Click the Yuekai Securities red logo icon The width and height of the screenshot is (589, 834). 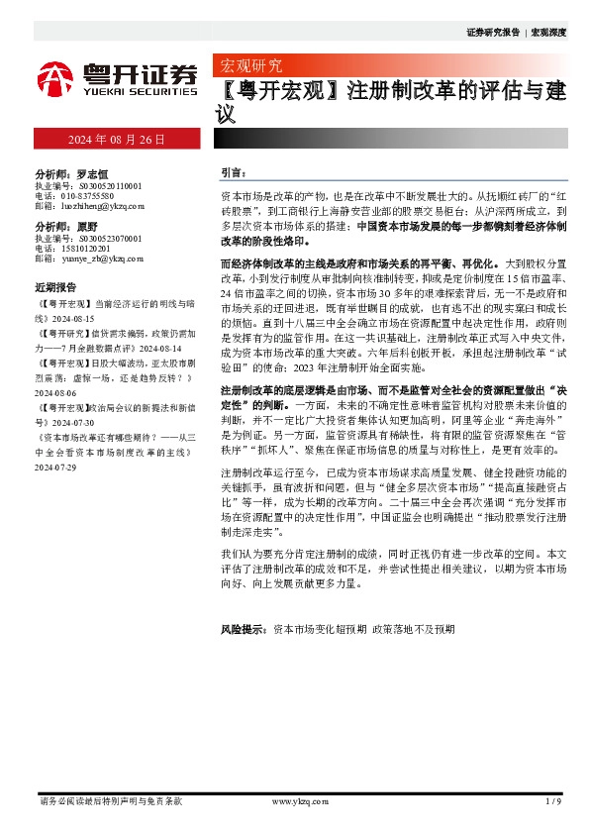coord(55,77)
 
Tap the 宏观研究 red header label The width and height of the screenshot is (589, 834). coord(247,66)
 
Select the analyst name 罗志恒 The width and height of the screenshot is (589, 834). coord(90,173)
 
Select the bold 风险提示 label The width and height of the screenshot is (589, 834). coord(244,629)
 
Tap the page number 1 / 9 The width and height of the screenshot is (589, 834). coord(553,800)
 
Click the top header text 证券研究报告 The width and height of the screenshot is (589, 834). coord(492,32)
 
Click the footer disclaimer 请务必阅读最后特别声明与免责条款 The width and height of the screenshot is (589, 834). coord(109,800)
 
